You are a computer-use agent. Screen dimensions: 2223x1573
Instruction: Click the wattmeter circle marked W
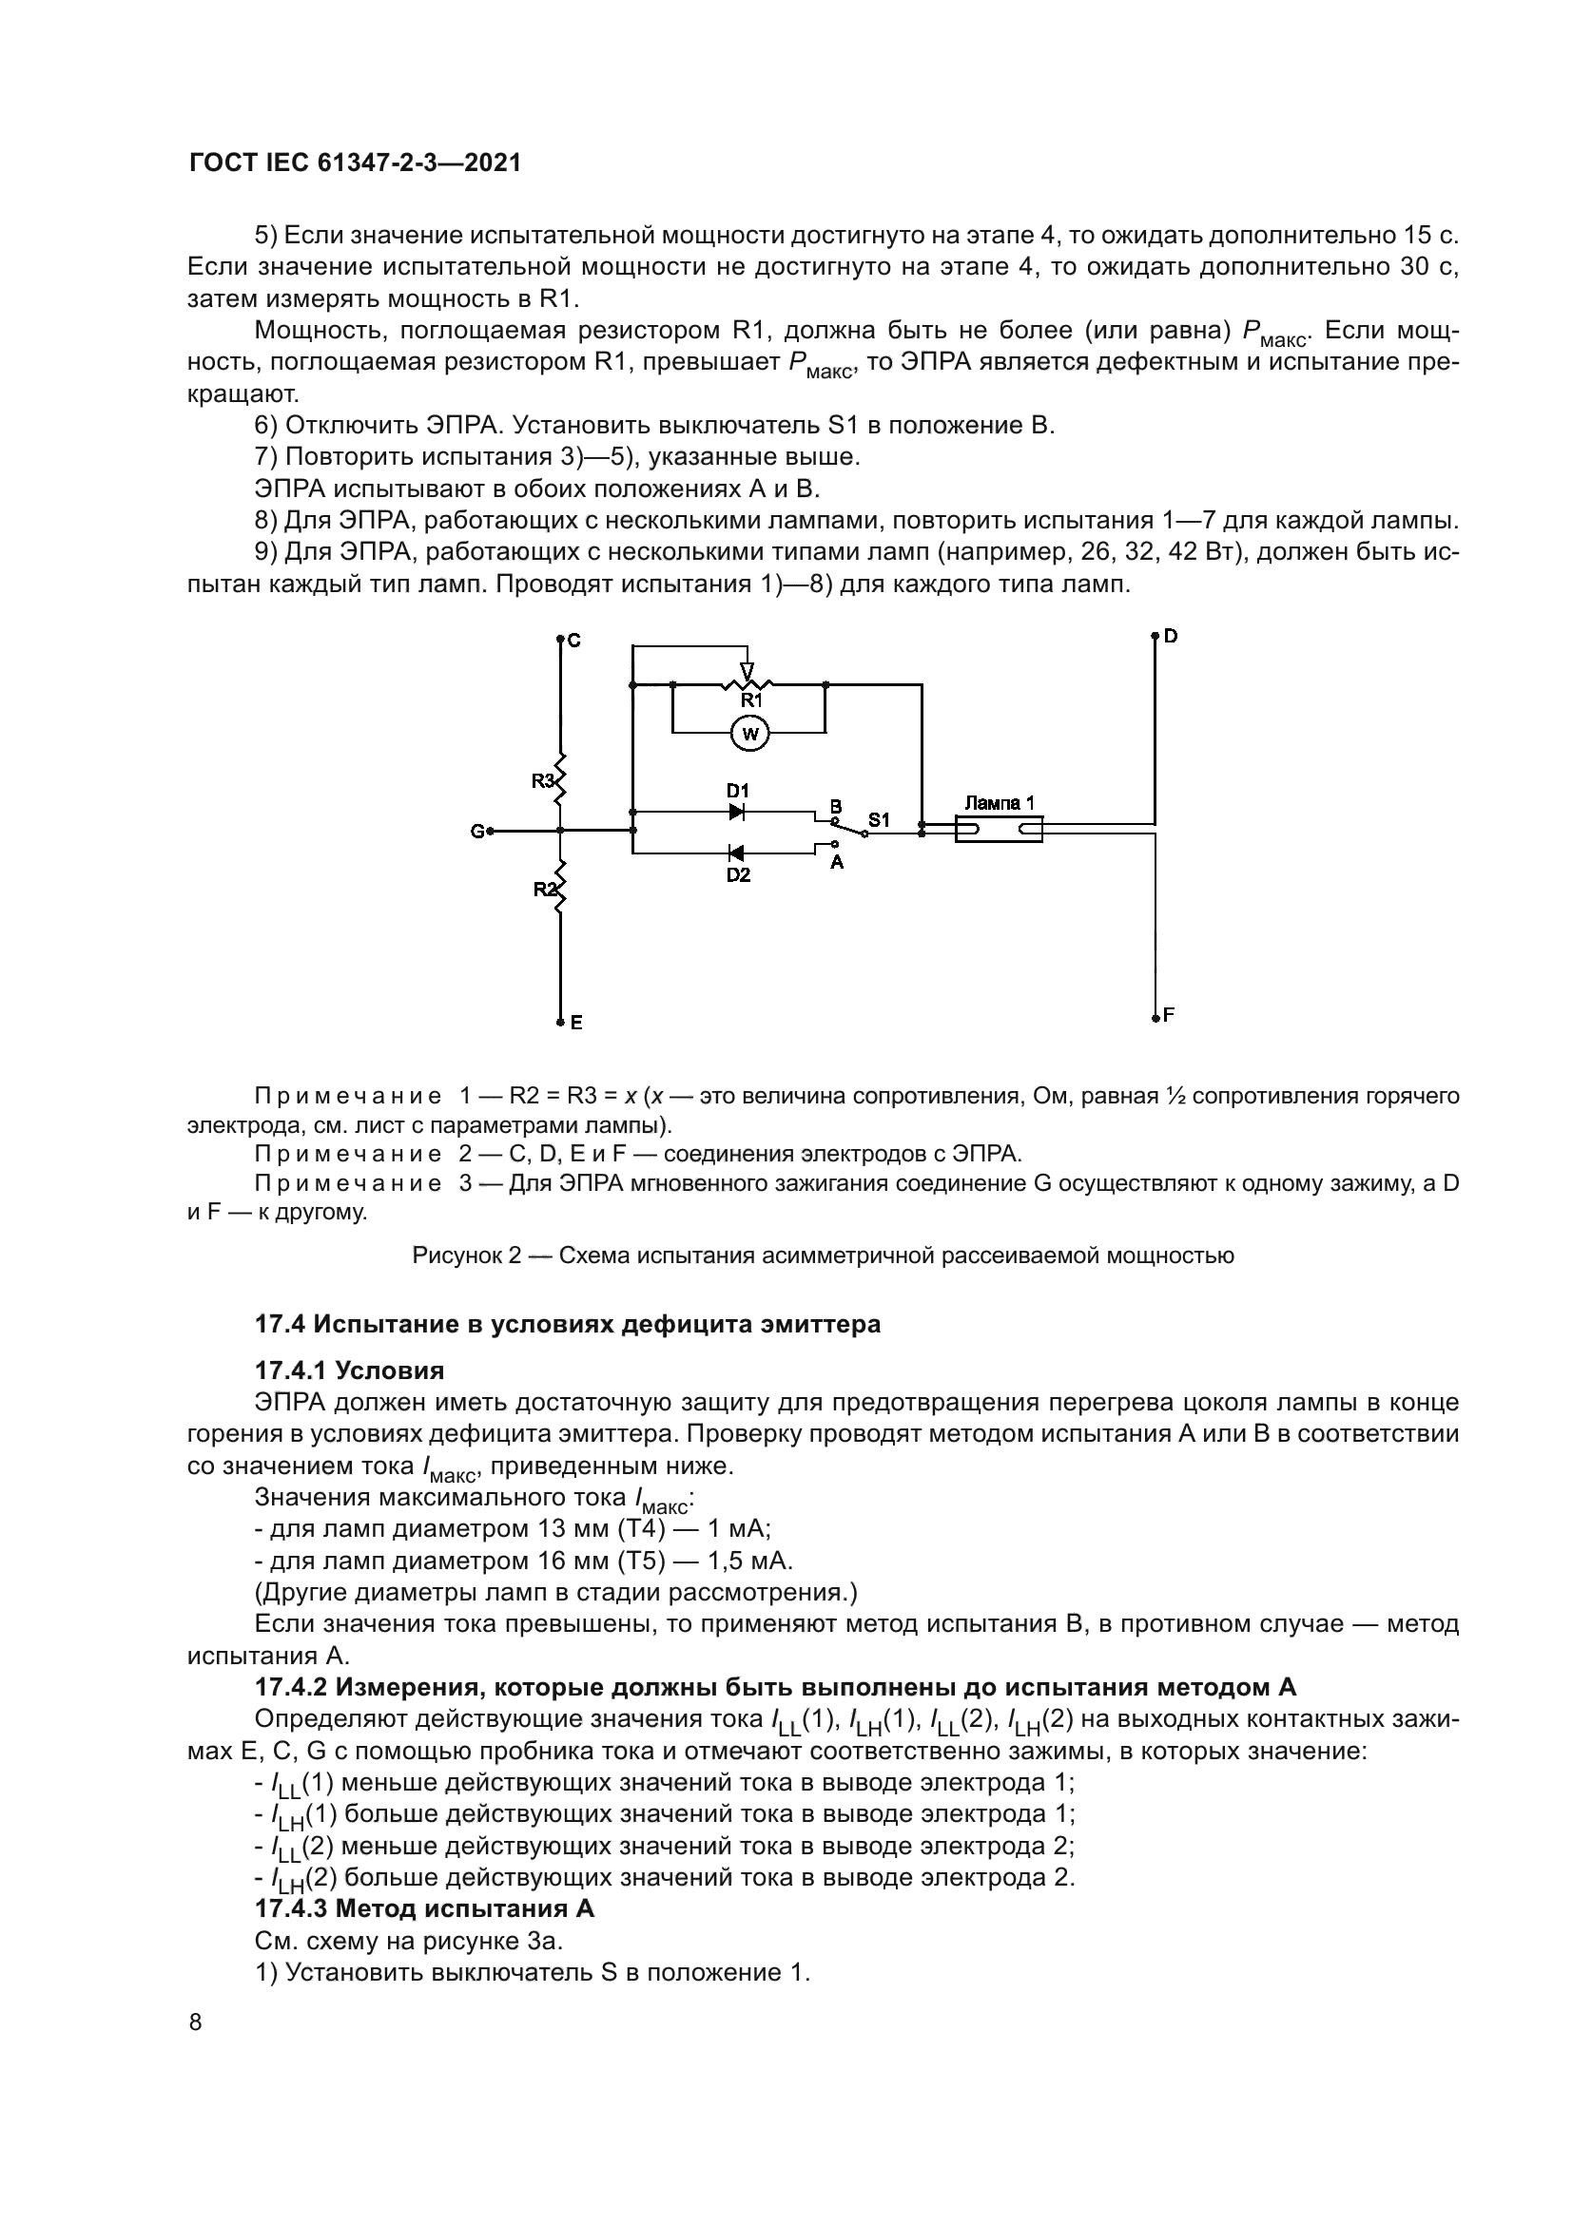pyautogui.click(x=748, y=735)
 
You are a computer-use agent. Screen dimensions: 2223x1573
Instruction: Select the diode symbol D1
pyautogui.click(x=737, y=812)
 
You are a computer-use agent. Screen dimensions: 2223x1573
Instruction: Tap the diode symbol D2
pyautogui.click(x=735, y=853)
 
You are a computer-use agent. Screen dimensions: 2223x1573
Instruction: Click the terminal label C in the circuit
pyautogui.click(x=573, y=641)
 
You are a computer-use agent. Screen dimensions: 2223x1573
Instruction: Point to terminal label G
pyautogui.click(x=476, y=831)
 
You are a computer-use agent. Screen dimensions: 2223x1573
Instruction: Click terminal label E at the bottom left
pyautogui.click(x=576, y=1023)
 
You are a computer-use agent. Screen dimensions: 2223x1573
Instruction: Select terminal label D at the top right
pyautogui.click(x=1170, y=636)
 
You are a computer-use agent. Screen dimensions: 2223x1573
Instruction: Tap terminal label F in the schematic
pyautogui.click(x=1168, y=1015)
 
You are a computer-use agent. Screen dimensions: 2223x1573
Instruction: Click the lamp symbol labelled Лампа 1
pyautogui.click(x=999, y=829)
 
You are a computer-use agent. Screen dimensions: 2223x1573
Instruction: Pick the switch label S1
pyautogui.click(x=878, y=820)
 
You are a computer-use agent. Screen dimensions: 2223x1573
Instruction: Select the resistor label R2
pyautogui.click(x=544, y=889)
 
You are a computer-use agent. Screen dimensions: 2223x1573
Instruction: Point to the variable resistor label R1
pyautogui.click(x=751, y=699)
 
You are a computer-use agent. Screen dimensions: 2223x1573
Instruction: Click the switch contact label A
pyautogui.click(x=837, y=862)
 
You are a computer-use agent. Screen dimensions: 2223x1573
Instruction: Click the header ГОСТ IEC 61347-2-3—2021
pyautogui.click(x=355, y=163)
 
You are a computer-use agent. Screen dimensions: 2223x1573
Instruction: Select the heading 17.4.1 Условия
pyautogui.click(x=349, y=1371)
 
